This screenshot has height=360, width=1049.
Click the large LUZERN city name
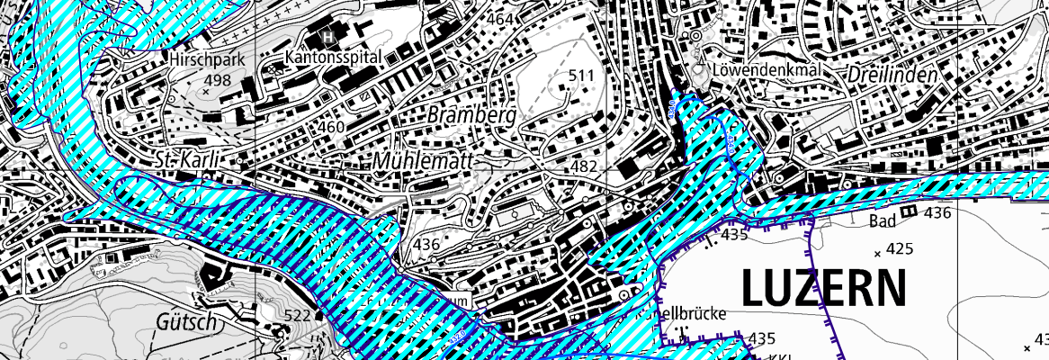pyautogui.click(x=823, y=289)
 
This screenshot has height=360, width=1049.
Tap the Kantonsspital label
pyautogui.click(x=334, y=57)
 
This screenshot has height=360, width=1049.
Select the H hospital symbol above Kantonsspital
pyautogui.click(x=329, y=36)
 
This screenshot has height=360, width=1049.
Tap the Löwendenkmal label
pyautogui.click(x=763, y=69)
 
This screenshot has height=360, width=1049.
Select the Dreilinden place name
pyautogui.click(x=892, y=76)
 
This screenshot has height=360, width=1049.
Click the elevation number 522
pyautogui.click(x=297, y=315)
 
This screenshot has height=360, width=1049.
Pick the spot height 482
pyautogui.click(x=584, y=168)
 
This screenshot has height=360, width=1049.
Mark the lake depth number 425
pyautogui.click(x=901, y=247)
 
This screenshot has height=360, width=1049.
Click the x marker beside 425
pyautogui.click(x=877, y=255)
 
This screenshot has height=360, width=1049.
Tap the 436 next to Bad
pyautogui.click(x=937, y=213)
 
